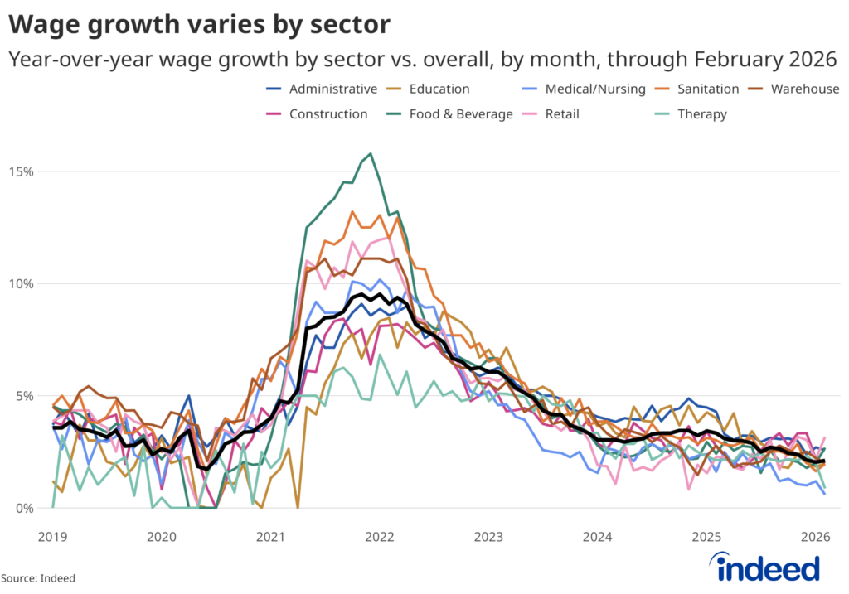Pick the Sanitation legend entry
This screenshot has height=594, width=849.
(x=707, y=89)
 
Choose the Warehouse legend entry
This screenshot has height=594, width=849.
(x=804, y=89)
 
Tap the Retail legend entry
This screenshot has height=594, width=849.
(x=562, y=113)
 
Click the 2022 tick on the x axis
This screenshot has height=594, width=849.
(x=379, y=537)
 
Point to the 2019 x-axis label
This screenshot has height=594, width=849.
(x=52, y=537)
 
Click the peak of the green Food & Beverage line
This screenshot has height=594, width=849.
(x=371, y=153)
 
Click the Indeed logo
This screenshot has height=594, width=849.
(x=768, y=567)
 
